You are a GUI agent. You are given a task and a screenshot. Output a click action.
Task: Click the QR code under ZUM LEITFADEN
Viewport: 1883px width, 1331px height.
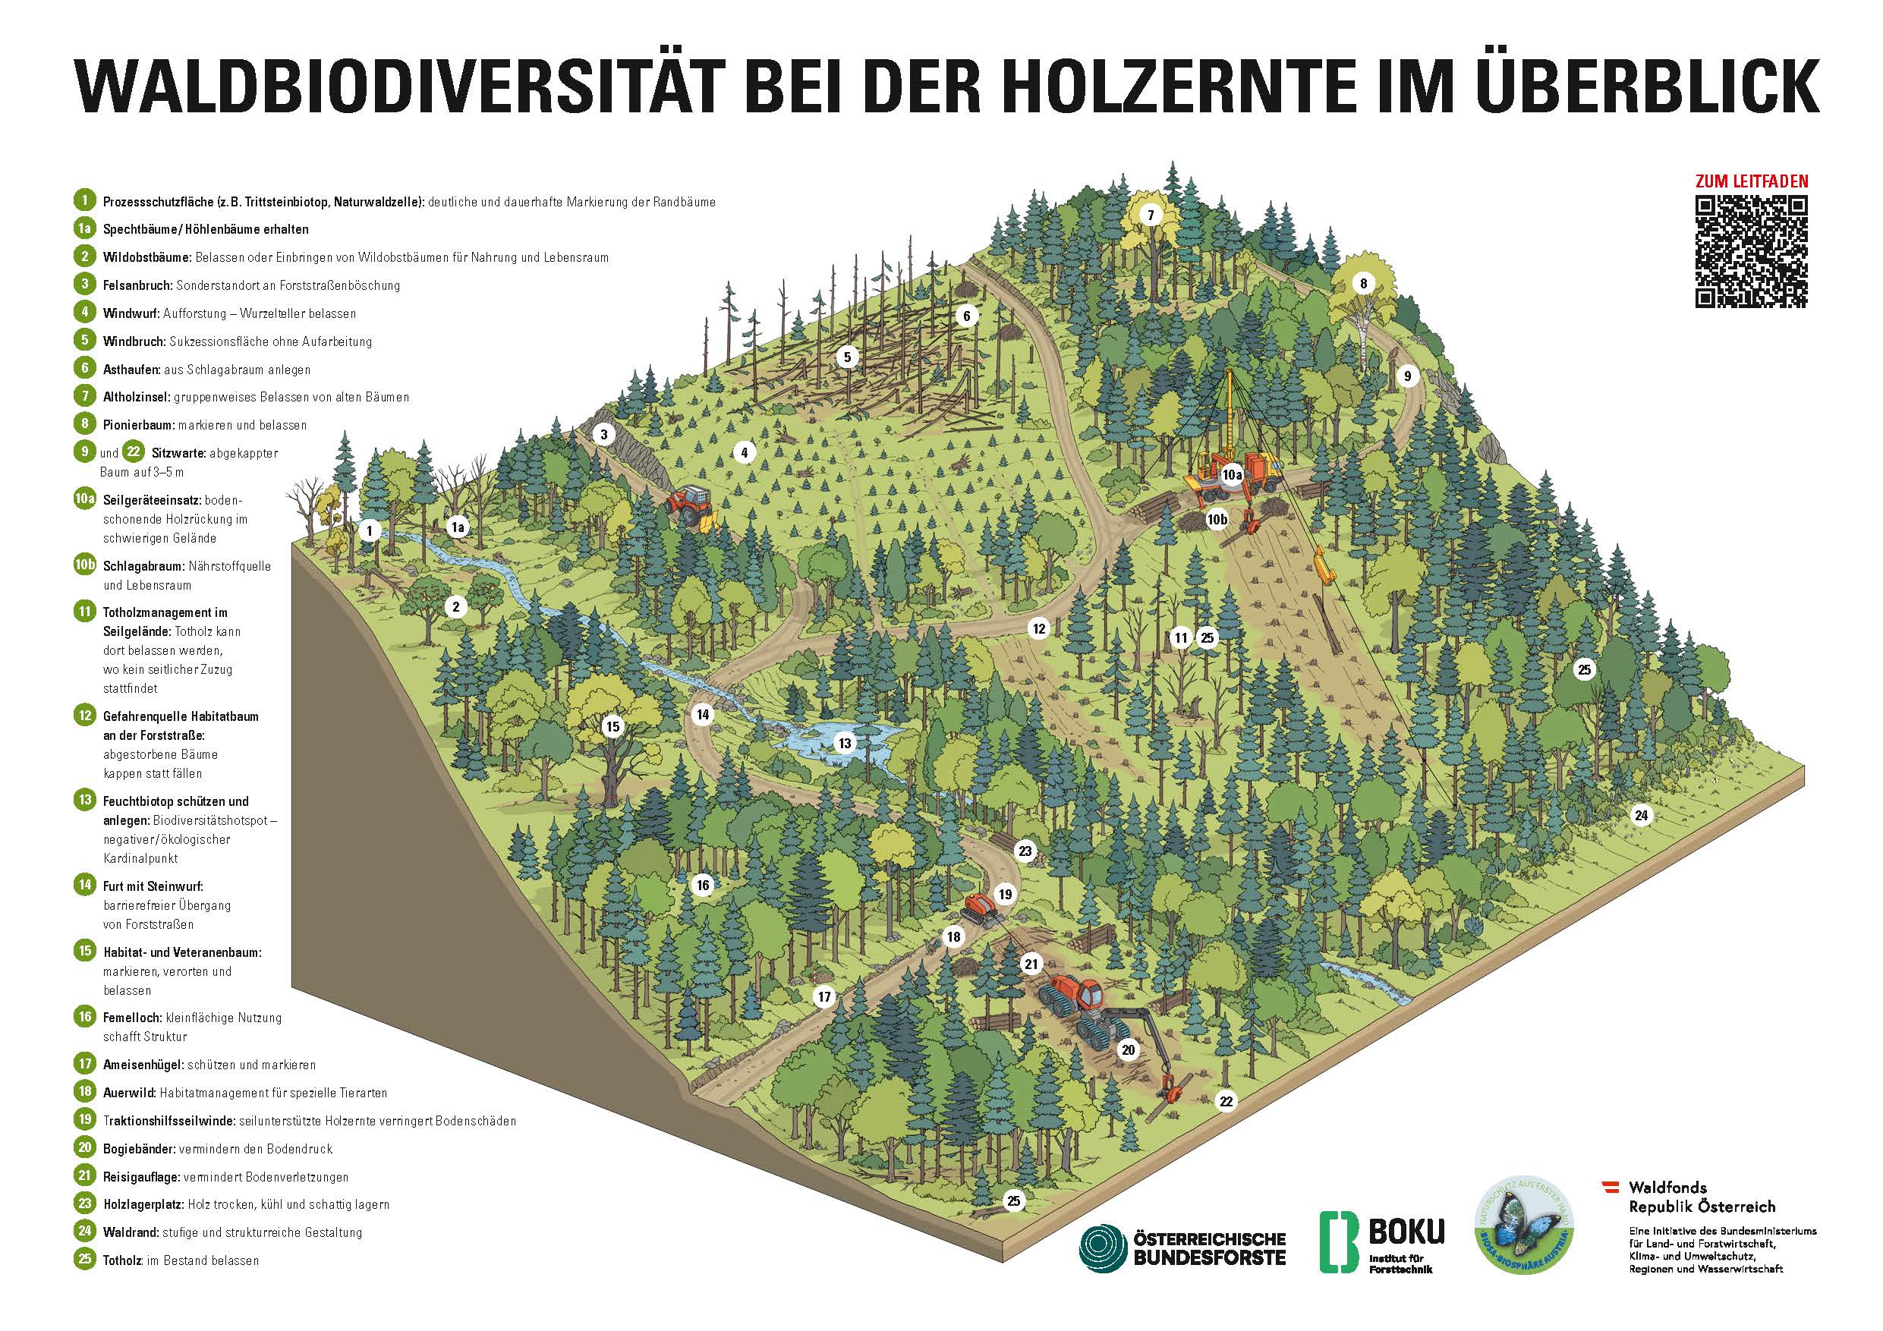point(1751,252)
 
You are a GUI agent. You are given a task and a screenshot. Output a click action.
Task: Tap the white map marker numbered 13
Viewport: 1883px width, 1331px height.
point(845,744)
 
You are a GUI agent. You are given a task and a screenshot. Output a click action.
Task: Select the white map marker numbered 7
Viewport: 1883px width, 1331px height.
point(1150,216)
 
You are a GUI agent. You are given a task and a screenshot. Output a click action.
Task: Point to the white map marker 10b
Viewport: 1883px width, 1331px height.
point(1217,519)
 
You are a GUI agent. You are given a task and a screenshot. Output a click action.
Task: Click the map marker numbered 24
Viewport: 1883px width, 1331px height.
point(1641,815)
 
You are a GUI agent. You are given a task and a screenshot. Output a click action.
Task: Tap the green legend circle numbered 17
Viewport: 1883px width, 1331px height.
point(84,1065)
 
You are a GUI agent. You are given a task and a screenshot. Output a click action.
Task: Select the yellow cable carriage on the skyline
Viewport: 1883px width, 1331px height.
point(1321,568)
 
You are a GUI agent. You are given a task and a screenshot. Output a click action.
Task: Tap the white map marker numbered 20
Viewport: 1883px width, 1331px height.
point(1129,1049)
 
